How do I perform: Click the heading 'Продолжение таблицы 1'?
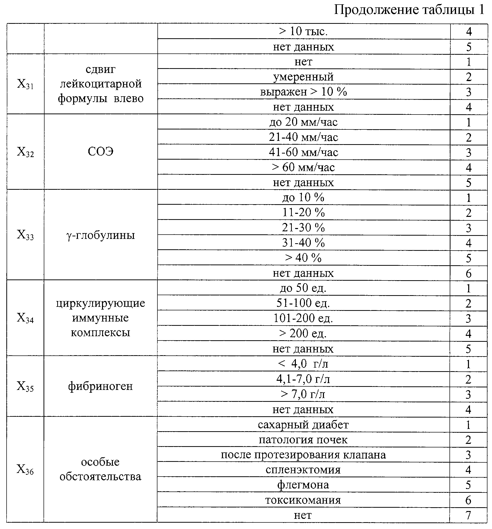(409, 10)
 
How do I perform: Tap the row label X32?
(25, 152)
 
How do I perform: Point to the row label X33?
(25, 235)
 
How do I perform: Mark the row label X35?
(25, 386)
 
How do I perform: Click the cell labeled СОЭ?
(100, 152)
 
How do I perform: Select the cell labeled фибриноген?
(100, 386)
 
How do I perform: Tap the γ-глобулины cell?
(100, 235)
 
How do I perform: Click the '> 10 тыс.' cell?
(303, 31)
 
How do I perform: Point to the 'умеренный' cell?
(303, 77)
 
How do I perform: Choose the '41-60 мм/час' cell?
(303, 152)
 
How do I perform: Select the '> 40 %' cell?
(303, 258)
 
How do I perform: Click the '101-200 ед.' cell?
(303, 318)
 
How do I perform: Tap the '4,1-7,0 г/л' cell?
(303, 379)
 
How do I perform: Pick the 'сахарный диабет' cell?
(303, 425)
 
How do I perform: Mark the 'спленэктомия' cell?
(303, 470)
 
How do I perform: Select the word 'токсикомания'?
(303, 500)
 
